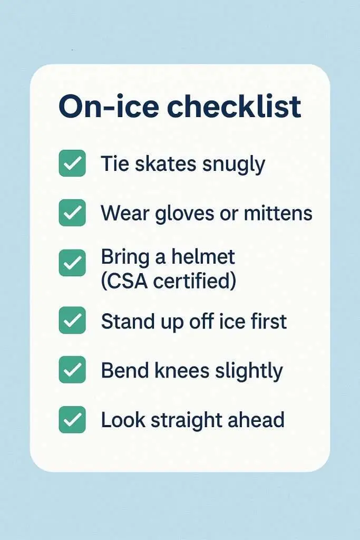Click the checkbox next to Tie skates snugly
click(x=72, y=163)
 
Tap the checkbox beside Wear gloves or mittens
click(x=72, y=213)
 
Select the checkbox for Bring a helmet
click(x=72, y=263)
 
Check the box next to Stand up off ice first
click(x=72, y=320)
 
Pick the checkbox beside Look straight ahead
click(x=72, y=419)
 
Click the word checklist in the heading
click(x=234, y=107)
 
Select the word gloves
click(x=178, y=214)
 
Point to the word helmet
click(x=203, y=257)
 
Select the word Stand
click(x=129, y=321)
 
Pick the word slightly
click(x=249, y=371)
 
